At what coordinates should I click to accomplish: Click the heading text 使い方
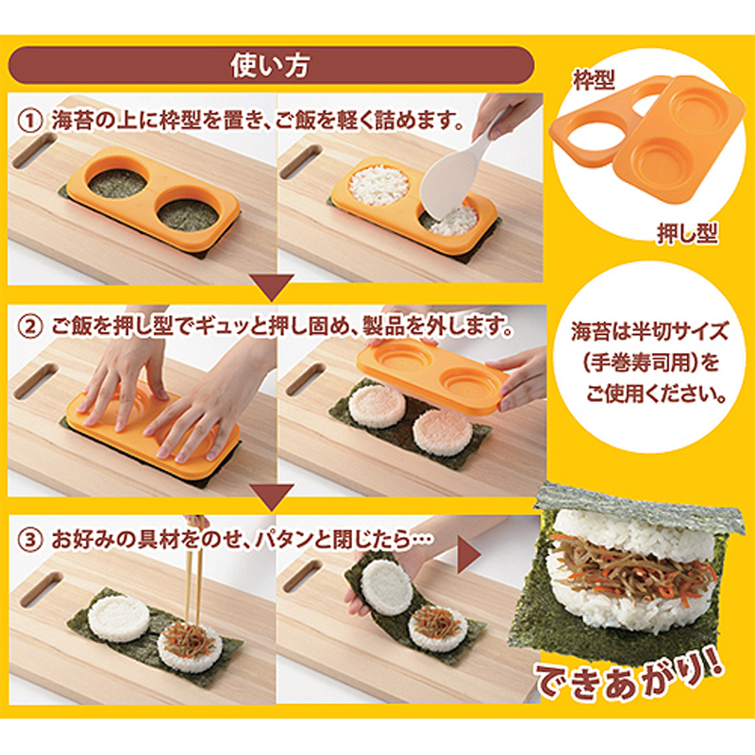270,65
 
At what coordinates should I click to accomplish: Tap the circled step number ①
30,121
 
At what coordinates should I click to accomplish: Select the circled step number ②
30,327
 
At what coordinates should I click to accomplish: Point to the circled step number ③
30,540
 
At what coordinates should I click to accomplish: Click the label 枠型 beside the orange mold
594,79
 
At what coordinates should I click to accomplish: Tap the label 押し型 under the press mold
687,233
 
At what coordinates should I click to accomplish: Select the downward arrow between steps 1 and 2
271,287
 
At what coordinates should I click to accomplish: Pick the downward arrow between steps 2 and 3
271,497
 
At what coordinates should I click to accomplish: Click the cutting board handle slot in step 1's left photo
35,151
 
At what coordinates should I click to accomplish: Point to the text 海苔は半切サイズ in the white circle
648,332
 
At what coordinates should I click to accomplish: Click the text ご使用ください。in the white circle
656,394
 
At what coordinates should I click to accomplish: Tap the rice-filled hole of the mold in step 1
379,185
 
